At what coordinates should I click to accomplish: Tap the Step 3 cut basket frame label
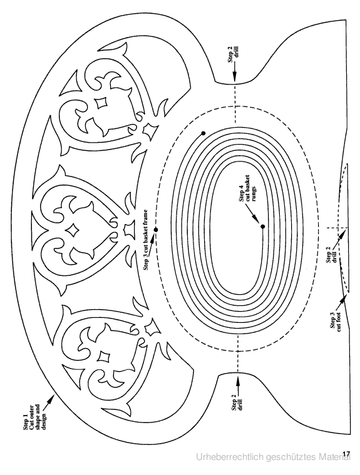(147, 239)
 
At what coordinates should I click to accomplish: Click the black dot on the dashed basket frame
(156, 230)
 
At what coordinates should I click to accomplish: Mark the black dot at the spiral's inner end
(263, 227)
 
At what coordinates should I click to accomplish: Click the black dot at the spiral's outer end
(203, 133)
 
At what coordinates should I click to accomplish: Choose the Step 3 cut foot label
(335, 320)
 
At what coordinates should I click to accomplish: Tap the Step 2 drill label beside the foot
(331, 255)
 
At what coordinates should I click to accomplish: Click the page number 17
(346, 454)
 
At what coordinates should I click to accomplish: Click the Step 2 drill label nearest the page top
(234, 54)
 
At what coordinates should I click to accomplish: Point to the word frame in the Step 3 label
(147, 217)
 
